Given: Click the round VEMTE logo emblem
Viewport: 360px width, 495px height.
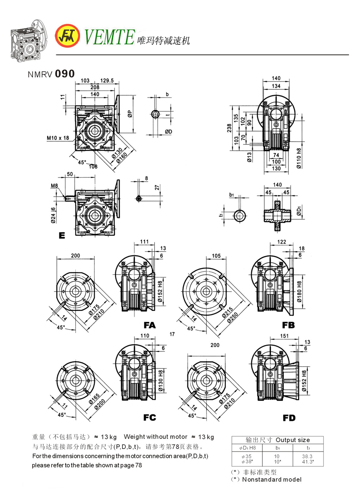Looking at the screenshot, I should (x=67, y=36).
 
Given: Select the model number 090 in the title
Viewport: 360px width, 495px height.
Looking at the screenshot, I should (x=65, y=73).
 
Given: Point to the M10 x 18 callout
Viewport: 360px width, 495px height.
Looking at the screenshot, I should (x=58, y=138).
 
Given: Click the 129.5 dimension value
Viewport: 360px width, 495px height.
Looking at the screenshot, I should (x=107, y=81).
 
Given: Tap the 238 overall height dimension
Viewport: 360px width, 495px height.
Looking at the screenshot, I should (x=229, y=128).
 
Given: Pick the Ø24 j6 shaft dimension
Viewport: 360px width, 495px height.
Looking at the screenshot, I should (x=53, y=215).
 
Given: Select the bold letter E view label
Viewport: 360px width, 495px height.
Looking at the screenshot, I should (x=62, y=236).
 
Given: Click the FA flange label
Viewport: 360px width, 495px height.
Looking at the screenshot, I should (x=150, y=325).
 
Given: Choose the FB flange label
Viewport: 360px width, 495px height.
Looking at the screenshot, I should (x=288, y=325).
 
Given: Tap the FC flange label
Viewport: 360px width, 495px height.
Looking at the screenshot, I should (x=150, y=417).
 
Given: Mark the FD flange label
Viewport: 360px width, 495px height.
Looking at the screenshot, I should (x=289, y=418).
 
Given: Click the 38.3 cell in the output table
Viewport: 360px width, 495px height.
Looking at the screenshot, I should (x=308, y=457).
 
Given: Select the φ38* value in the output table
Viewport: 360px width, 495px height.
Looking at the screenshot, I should (x=247, y=462).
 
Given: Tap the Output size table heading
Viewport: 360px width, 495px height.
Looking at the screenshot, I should (x=293, y=440).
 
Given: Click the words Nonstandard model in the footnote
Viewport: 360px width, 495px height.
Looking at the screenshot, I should (x=272, y=480).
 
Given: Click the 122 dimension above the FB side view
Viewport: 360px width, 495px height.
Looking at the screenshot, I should (x=282, y=242).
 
